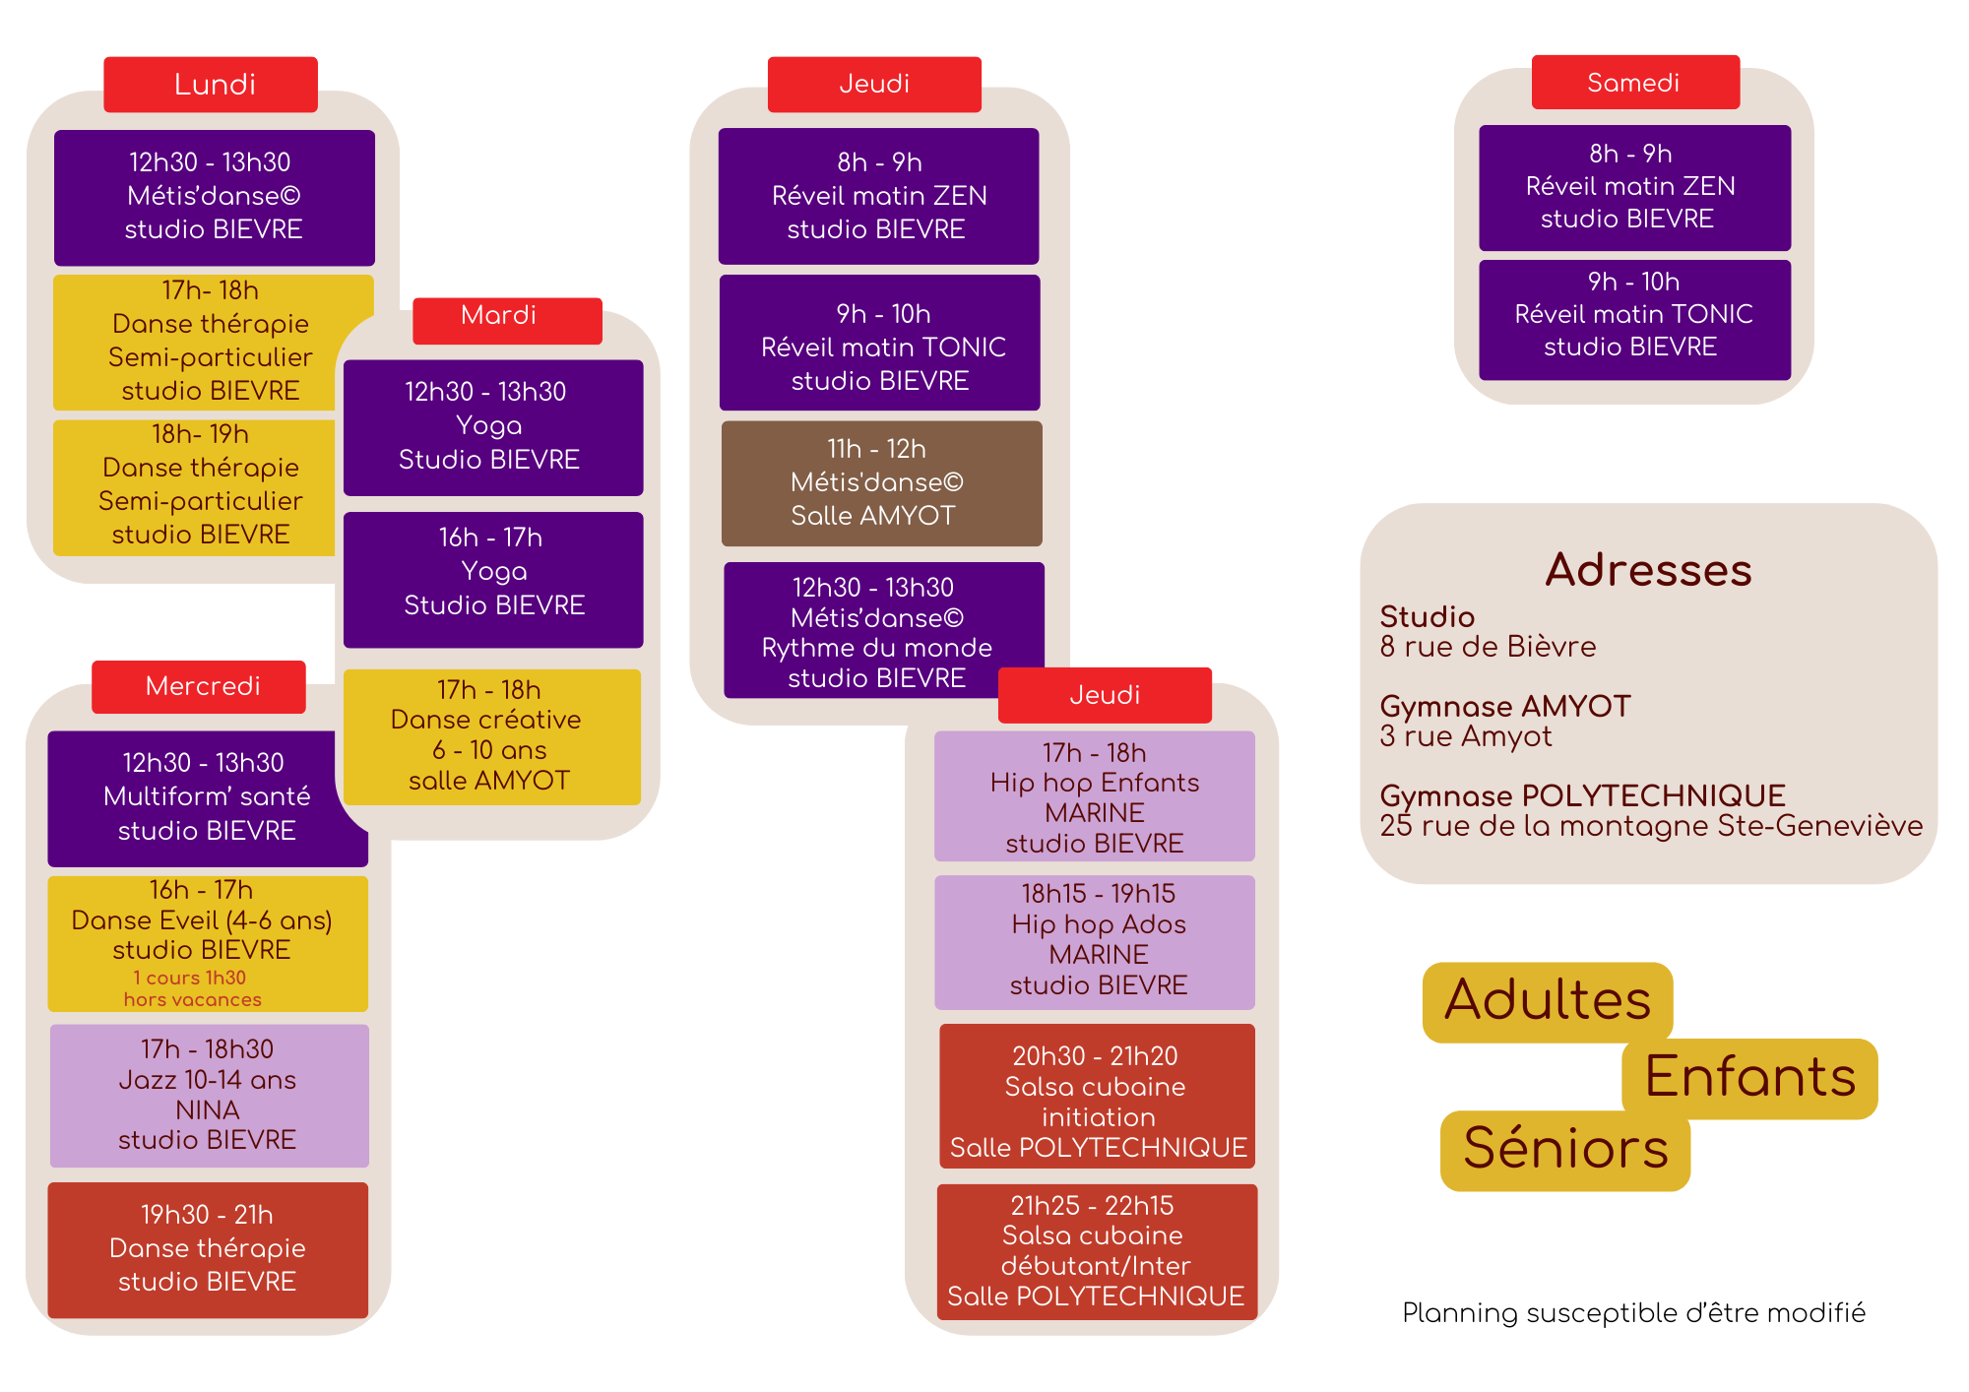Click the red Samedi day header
(x=1635, y=83)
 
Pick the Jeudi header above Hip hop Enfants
(x=1105, y=695)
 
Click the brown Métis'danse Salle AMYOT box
(x=881, y=483)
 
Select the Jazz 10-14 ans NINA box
(x=209, y=1096)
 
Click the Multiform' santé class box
(x=208, y=797)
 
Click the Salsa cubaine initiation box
(x=1097, y=1097)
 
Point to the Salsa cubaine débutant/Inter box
(x=1097, y=1251)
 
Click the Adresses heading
(x=1648, y=570)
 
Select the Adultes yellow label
(x=1548, y=1001)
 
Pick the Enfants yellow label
(x=1749, y=1078)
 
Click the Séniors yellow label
(x=1565, y=1150)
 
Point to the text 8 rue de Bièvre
(x=1488, y=647)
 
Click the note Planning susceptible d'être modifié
(x=1633, y=1313)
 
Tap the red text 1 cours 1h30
(x=190, y=978)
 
